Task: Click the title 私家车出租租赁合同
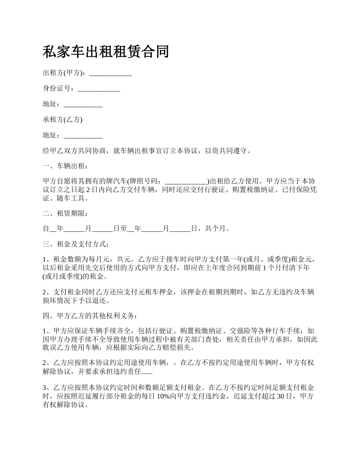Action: click(106, 52)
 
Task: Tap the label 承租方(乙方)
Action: click(63, 120)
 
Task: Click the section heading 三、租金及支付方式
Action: click(76, 244)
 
